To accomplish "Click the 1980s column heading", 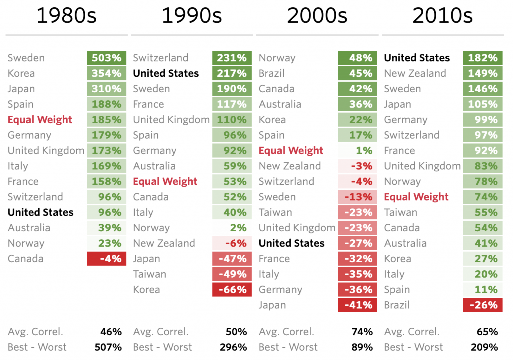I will click(66, 16).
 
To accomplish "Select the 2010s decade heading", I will click(442, 16).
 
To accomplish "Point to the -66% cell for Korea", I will click(232, 290).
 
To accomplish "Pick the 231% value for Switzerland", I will click(232, 58).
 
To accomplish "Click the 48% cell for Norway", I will click(357, 58).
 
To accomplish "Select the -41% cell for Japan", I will click(357, 305).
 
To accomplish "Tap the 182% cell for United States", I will click(483, 58).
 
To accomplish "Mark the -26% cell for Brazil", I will click(483, 305).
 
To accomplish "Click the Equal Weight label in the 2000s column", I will click(291, 151).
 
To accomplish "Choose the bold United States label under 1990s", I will click(166, 73).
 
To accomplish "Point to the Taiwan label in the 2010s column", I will click(400, 212).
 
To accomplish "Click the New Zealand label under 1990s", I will click(164, 243).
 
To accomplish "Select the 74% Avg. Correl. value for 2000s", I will click(362, 332).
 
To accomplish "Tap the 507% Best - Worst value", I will click(108, 347).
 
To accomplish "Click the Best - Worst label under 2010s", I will click(413, 347).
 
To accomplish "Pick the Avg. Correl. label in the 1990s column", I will click(161, 332).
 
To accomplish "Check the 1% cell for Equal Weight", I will click(357, 151).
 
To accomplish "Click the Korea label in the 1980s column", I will click(21, 73).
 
